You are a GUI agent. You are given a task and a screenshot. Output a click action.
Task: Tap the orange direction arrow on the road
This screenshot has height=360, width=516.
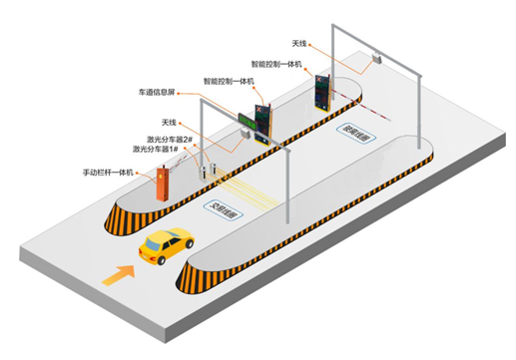[x=121, y=273]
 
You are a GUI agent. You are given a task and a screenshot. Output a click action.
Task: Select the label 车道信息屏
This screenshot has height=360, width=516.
[x=159, y=91]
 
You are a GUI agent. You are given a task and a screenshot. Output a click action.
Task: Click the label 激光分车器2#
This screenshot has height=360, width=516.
[x=156, y=139]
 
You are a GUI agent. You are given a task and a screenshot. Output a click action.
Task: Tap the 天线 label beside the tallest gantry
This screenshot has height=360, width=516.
[x=299, y=45]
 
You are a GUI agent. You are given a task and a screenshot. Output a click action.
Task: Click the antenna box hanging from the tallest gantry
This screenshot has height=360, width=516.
[x=374, y=61]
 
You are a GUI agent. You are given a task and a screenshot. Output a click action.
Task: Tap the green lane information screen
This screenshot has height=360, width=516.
[x=247, y=125]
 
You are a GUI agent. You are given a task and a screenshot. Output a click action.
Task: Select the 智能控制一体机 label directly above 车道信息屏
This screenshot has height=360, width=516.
[x=229, y=80]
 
